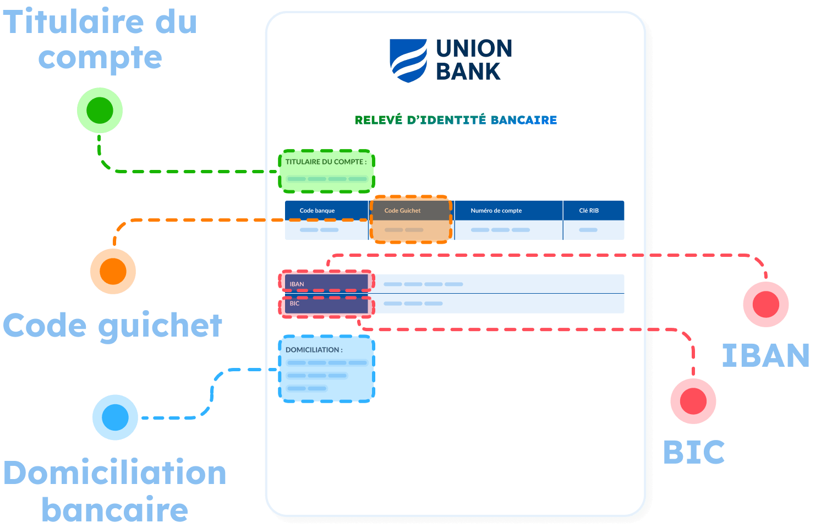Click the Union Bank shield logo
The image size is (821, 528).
408,61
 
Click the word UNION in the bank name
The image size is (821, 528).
474,48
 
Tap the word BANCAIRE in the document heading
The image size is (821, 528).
524,120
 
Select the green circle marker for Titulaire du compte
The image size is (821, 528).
100,111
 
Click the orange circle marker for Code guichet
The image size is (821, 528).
113,271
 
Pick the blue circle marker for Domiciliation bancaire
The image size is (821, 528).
115,417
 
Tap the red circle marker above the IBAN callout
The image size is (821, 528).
765,304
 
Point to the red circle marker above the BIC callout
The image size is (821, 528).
693,401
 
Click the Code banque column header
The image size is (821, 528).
317,211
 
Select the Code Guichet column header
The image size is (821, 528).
402,211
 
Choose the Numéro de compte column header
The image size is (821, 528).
496,211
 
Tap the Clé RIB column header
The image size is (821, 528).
589,211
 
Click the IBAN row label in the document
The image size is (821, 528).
297,284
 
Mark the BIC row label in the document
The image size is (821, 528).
295,304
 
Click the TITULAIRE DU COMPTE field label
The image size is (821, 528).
326,162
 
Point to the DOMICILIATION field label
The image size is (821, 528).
314,350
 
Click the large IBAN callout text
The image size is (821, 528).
765,355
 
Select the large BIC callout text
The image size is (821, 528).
694,452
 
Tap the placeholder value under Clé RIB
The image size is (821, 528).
588,230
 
